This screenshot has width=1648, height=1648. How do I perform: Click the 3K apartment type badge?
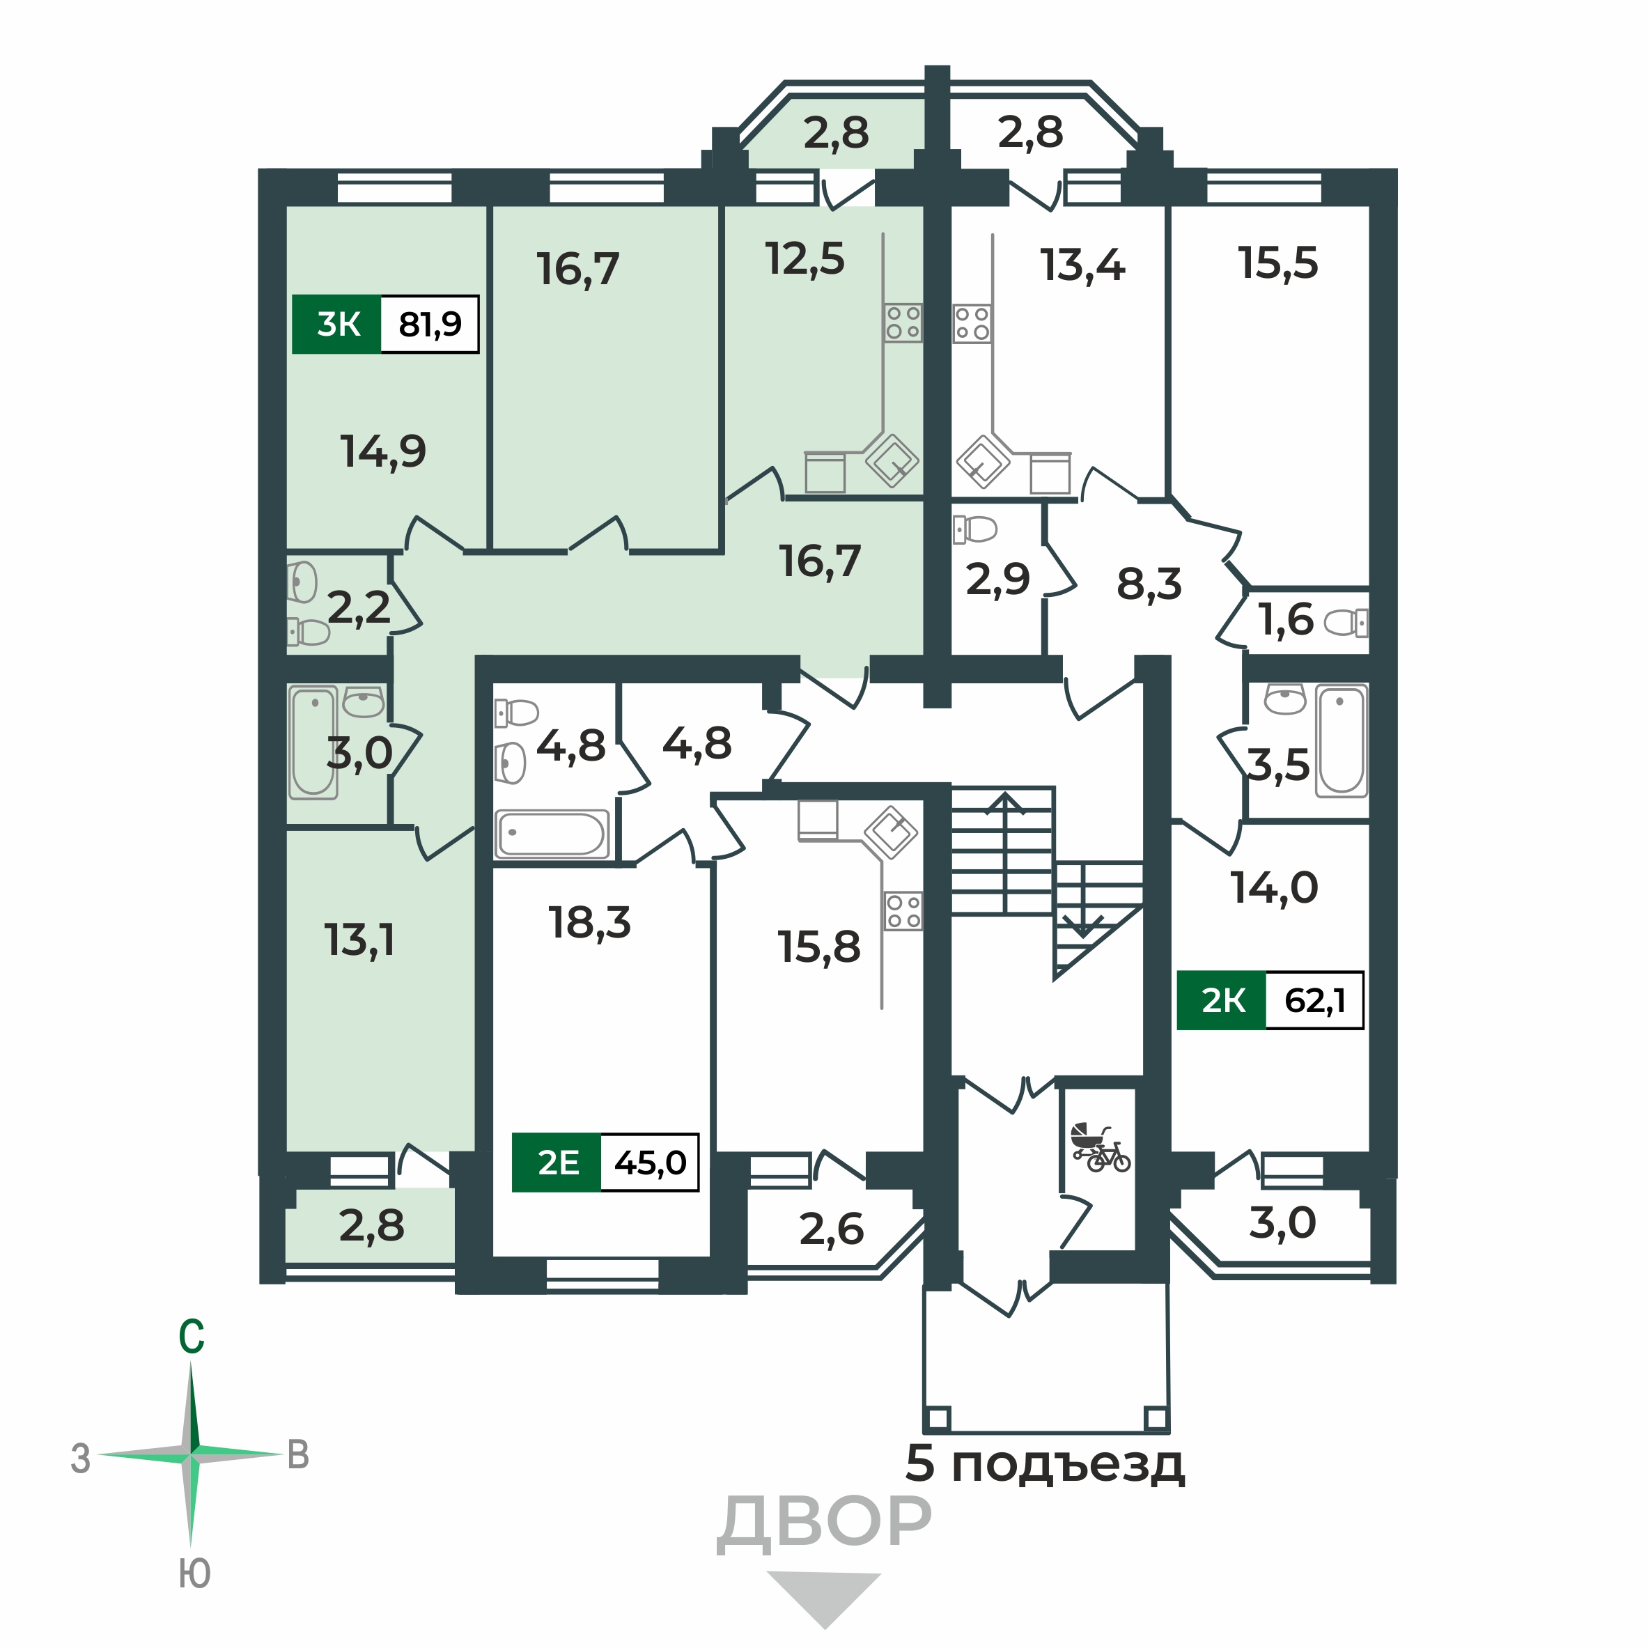click(x=337, y=324)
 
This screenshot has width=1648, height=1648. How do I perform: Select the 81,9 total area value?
click(x=429, y=324)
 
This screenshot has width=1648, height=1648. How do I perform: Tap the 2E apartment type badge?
click(x=557, y=1163)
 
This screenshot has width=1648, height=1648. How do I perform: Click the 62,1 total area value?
click(x=1314, y=1000)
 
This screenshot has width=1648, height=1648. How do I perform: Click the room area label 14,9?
click(x=383, y=451)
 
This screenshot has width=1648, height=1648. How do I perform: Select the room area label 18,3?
click(x=589, y=923)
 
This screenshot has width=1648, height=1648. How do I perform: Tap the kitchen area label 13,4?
click(x=1082, y=265)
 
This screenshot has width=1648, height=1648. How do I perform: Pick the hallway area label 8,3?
click(x=1149, y=584)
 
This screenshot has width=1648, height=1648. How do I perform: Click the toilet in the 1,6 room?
click(x=1346, y=623)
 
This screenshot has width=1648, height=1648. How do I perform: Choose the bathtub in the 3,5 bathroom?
click(x=1341, y=740)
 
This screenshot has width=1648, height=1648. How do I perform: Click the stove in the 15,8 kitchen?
click(x=903, y=910)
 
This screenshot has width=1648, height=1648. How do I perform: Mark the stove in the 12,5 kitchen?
click(x=903, y=323)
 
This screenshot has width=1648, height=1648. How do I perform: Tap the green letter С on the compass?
click(x=191, y=1337)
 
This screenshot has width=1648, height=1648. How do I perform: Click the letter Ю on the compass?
click(x=194, y=1573)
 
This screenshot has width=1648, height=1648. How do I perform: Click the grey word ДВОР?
click(x=824, y=1523)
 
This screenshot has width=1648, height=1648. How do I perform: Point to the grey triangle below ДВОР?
click(x=824, y=1597)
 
